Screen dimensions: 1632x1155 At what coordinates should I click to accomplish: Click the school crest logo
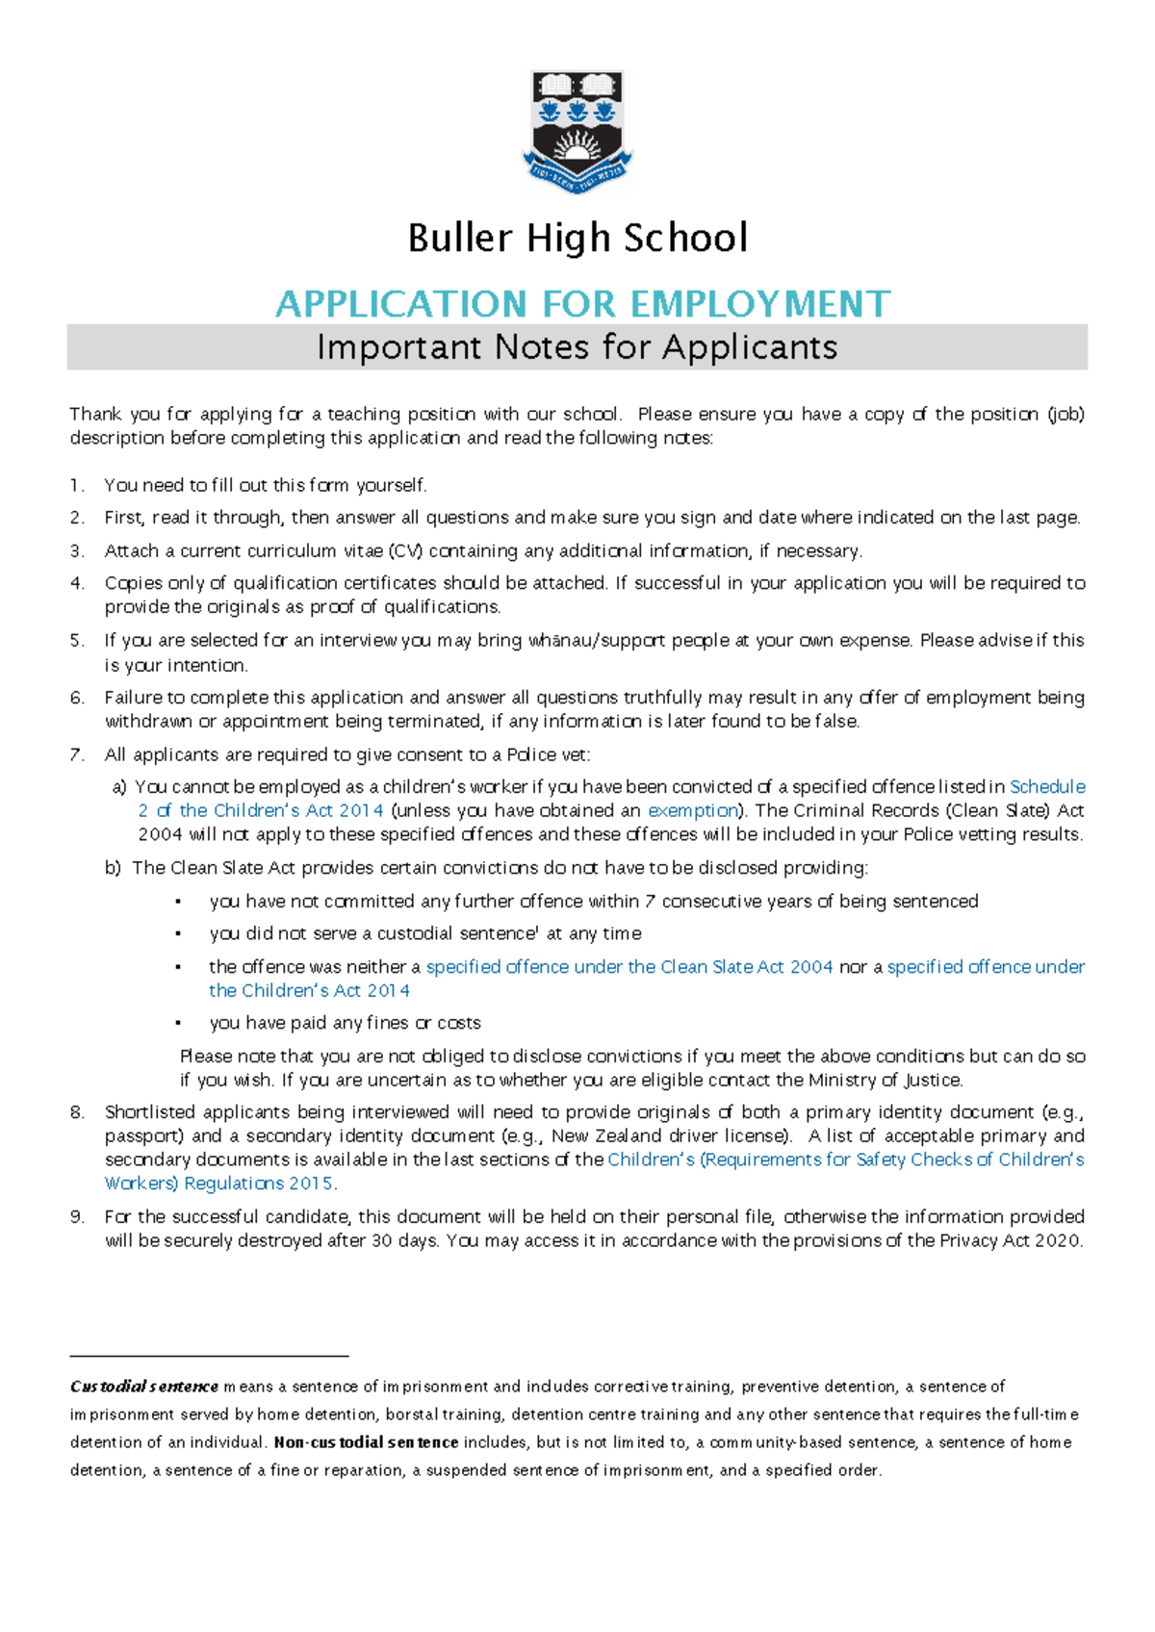coord(577,132)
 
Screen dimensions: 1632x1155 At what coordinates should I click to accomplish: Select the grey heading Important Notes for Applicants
coord(577,347)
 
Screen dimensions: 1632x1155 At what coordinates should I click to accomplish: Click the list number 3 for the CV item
coord(77,551)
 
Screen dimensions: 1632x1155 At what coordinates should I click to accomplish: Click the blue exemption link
coord(693,811)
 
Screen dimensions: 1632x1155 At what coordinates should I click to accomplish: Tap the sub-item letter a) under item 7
coord(119,787)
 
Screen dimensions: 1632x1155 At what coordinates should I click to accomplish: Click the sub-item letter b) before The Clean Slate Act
coord(113,868)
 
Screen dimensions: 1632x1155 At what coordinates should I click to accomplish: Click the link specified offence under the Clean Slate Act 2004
coord(629,967)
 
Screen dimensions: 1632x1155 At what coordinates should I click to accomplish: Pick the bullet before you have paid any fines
coord(178,1024)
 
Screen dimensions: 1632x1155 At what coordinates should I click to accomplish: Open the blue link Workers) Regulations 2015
coord(220,1184)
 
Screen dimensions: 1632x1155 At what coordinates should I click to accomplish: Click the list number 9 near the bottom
coord(77,1217)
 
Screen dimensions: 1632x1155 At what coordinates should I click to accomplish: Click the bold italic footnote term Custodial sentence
coord(144,1387)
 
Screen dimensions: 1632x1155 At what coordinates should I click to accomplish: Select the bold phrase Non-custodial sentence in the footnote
coord(366,1442)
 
